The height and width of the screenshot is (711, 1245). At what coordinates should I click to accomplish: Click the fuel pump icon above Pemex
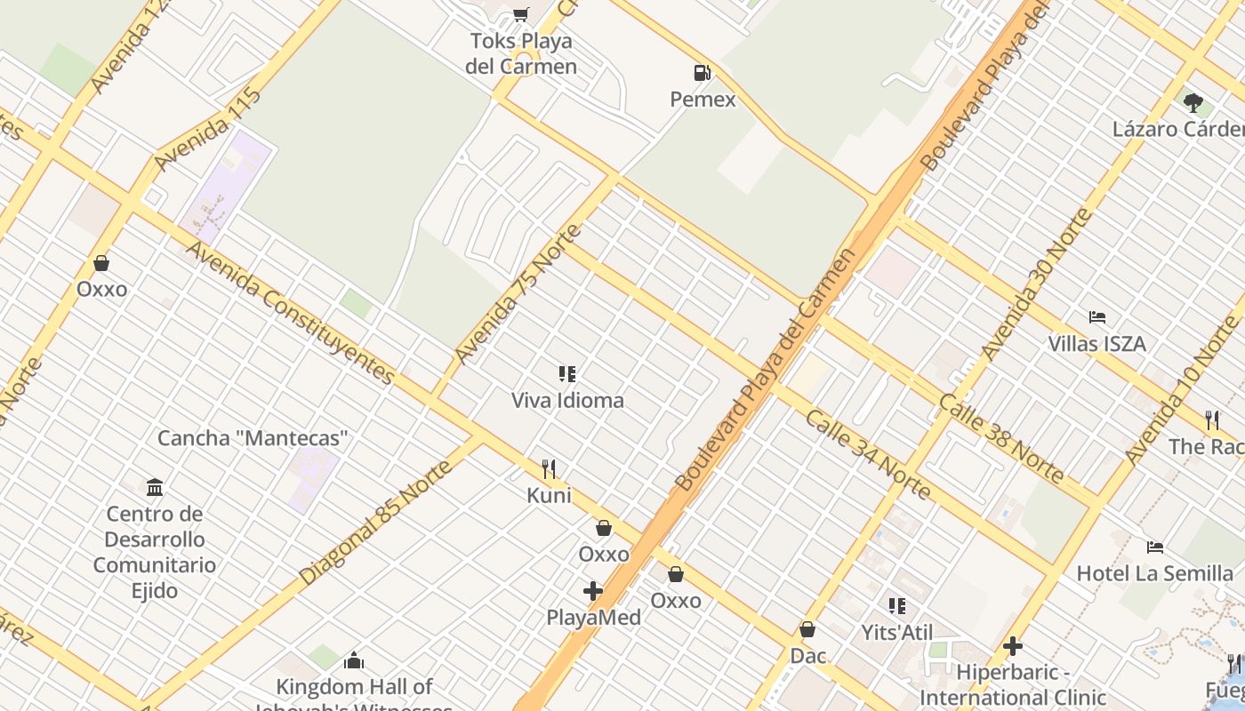(703, 73)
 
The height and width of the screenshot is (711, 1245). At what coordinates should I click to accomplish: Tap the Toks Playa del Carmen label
(521, 53)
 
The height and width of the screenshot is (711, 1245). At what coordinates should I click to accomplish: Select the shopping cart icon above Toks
(521, 14)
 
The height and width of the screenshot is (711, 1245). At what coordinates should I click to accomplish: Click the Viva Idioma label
(567, 401)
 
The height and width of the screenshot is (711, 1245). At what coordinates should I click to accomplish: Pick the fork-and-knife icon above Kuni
(550, 468)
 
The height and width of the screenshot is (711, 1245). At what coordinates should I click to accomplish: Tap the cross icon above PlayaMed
(593, 591)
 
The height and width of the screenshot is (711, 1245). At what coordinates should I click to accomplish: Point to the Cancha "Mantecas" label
(253, 438)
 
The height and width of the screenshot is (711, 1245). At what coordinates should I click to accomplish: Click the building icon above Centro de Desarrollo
(155, 487)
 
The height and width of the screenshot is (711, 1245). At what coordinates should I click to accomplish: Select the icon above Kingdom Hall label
(354, 660)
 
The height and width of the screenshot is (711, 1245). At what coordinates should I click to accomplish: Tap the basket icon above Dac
(807, 629)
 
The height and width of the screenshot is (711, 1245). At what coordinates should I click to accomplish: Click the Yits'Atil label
(897, 633)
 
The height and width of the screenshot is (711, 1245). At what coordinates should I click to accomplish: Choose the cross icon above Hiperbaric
(1012, 646)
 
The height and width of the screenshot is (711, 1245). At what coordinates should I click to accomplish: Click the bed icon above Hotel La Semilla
(1155, 547)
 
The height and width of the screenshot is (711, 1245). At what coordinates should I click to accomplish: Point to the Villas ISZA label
(1096, 344)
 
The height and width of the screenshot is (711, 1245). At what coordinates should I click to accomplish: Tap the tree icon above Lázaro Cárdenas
(1193, 102)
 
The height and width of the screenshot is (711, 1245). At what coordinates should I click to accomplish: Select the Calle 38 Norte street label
(1001, 439)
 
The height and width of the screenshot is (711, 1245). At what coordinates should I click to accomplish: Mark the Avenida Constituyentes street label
(290, 313)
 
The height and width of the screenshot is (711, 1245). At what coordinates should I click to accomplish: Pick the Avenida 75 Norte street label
(518, 294)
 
